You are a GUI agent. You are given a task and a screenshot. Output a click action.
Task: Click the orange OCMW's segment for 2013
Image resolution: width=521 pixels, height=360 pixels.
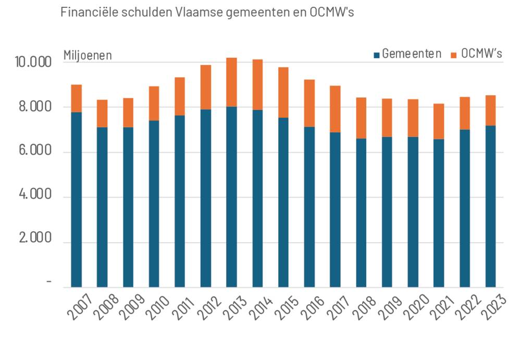coord(231,82)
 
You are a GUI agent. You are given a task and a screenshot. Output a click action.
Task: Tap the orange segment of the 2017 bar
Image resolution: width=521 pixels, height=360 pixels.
coord(335,109)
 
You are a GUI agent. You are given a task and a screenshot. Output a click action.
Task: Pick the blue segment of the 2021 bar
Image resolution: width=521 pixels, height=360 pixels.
coord(439,213)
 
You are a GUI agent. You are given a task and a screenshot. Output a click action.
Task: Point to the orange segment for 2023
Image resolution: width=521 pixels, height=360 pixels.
coord(490,110)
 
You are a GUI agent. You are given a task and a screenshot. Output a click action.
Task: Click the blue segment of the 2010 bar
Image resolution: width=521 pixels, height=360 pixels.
coord(154,204)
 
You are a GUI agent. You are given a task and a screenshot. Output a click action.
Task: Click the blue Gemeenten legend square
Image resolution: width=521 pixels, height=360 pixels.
coord(377,54)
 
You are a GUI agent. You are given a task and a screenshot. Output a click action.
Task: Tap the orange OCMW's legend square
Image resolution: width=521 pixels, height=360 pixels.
coord(454,54)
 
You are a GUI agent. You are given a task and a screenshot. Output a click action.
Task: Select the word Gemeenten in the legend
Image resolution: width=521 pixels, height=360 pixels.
coord(412,54)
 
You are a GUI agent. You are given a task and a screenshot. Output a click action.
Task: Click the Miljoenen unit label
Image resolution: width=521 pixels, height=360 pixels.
coord(88,55)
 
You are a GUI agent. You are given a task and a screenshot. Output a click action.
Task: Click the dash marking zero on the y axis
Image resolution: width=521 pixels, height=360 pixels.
coord(49,282)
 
